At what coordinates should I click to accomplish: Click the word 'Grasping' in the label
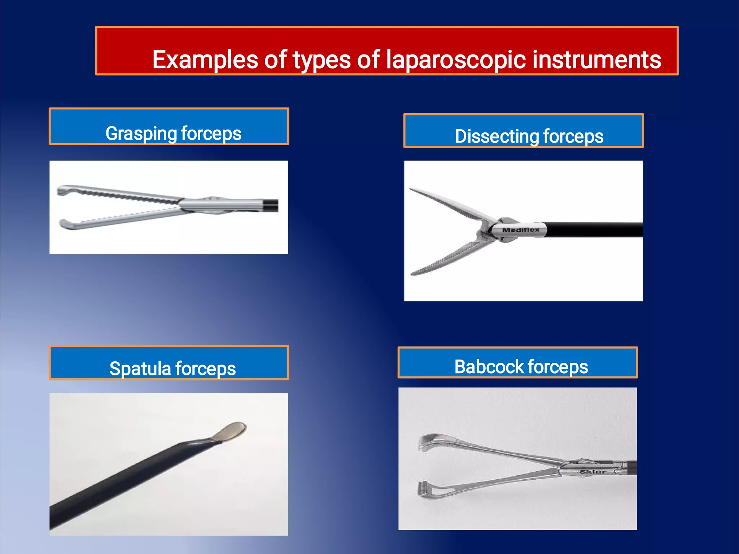pyautogui.click(x=141, y=134)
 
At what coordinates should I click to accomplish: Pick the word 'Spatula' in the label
pyautogui.click(x=140, y=368)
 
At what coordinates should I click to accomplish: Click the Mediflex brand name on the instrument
pyautogui.click(x=521, y=230)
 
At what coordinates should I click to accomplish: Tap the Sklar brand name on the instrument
pyautogui.click(x=592, y=472)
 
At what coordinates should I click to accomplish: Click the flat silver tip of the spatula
pyautogui.click(x=231, y=431)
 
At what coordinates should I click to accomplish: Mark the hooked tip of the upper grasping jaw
pyautogui.click(x=62, y=190)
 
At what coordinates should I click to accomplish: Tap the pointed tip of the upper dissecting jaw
pyautogui.click(x=411, y=189)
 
